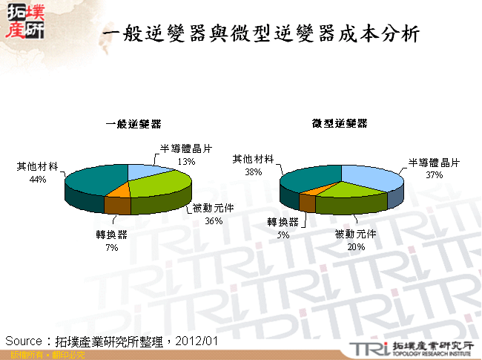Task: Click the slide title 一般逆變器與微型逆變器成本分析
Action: tap(263, 34)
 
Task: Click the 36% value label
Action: tap(214, 220)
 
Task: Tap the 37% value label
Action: tap(434, 175)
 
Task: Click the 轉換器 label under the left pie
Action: tap(111, 235)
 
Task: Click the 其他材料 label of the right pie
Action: tap(254, 159)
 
